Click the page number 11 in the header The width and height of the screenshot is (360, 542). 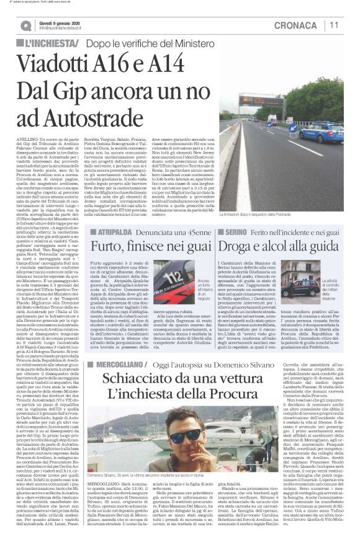(x=334, y=25)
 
